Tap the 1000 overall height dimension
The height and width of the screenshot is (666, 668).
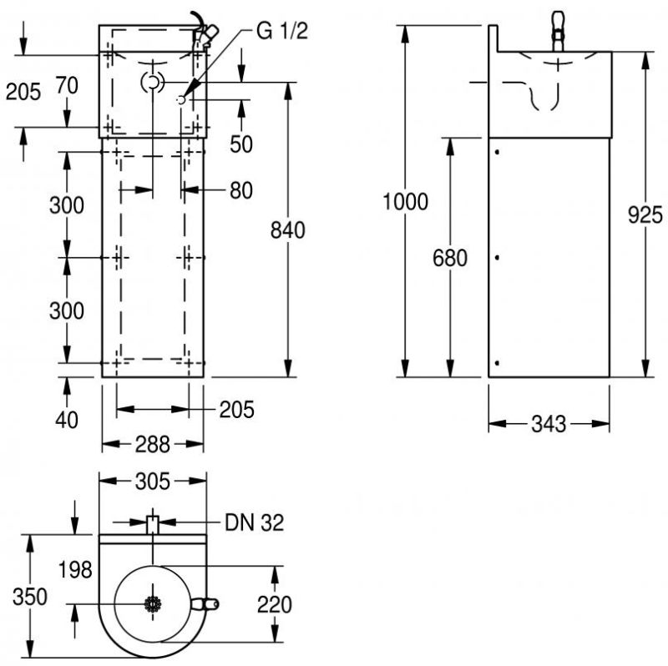pos(405,201)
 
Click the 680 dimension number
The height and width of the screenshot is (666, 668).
pos(450,258)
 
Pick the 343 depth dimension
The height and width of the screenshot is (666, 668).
pos(549,424)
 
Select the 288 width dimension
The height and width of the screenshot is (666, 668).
pos(152,444)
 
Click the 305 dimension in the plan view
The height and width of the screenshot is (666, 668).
pos(153,481)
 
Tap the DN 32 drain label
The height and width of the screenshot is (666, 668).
pos(254,523)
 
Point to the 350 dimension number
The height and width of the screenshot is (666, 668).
pos(30,597)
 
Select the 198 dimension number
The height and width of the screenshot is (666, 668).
pos(75,571)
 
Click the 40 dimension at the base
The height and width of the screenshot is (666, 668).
pos(66,419)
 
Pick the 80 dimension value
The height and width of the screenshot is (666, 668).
pos(240,190)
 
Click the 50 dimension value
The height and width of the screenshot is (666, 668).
pos(241,144)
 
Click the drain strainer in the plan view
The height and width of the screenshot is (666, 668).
pos(152,604)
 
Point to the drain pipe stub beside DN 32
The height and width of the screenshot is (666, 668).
pos(152,524)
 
